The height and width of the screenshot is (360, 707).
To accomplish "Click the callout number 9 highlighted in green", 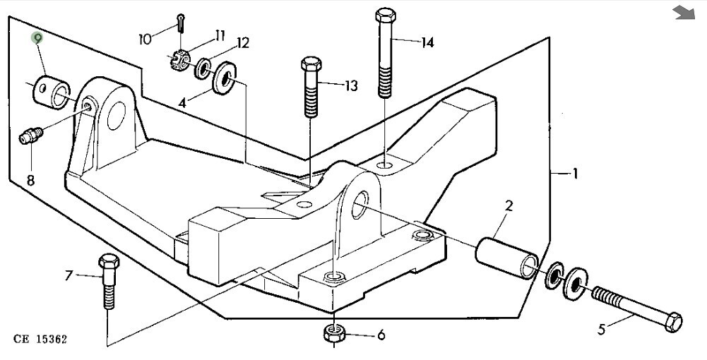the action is pos(37,38).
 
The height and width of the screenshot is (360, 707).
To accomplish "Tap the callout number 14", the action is pos(427,43).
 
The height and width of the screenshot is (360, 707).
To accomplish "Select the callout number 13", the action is pos(351,85).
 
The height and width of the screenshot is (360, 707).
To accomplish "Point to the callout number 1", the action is pos(575,173).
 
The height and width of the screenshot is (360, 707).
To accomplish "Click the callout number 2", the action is pos(509,206).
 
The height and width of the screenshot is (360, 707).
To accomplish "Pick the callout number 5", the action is pos(602,330).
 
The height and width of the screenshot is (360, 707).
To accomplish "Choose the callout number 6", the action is pos(381,335).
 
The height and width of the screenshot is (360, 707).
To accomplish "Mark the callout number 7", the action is pos(69,275).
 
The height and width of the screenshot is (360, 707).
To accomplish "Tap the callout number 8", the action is pos(30,181).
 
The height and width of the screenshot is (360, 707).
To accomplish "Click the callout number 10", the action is pos(145,40).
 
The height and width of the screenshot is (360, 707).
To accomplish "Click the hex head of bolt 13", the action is pos(311,64).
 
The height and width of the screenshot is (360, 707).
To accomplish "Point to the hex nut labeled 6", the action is pos(333,333).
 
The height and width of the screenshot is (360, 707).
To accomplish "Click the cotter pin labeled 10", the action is pos(182,23).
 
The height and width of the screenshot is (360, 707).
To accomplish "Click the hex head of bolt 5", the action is pos(673,322).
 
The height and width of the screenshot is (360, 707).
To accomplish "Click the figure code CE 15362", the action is pos(40,340).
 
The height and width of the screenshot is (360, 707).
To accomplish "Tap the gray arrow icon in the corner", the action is pos(684,13).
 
